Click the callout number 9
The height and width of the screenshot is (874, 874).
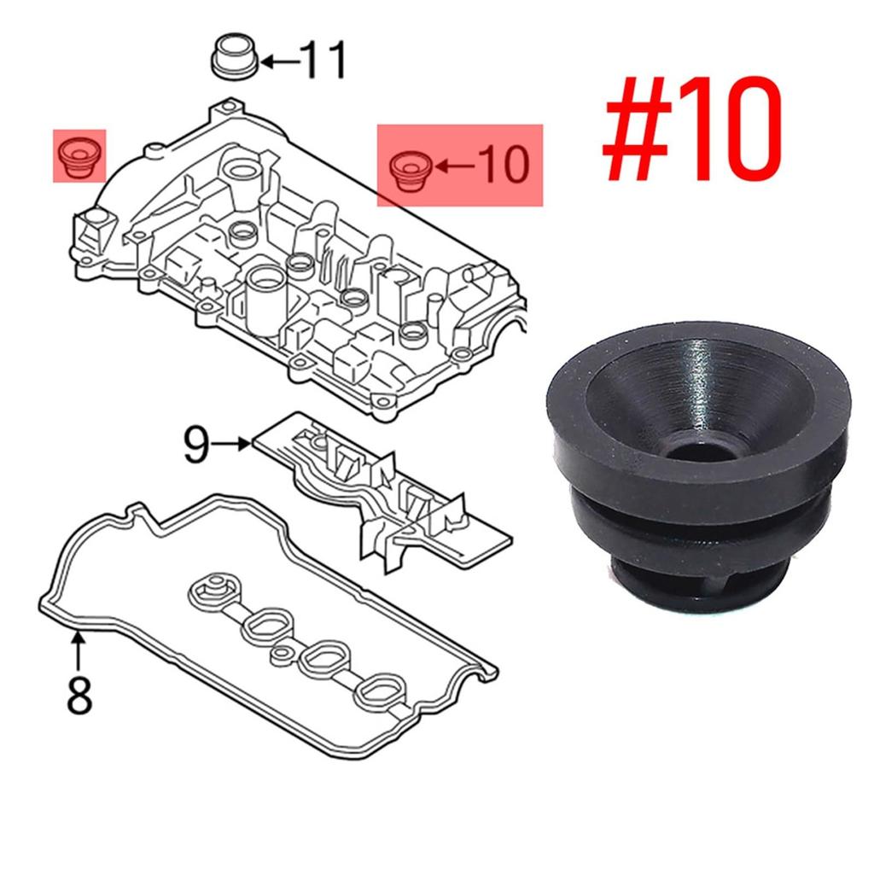point(196,446)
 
